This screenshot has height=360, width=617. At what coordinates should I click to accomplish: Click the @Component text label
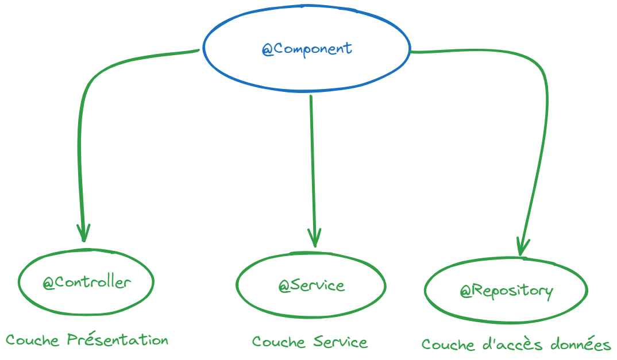[x=307, y=49]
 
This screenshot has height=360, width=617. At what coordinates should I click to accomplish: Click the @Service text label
[x=311, y=285]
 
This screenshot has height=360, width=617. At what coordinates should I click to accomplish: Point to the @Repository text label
[x=506, y=291]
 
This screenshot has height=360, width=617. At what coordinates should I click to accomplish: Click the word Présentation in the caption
[x=118, y=340]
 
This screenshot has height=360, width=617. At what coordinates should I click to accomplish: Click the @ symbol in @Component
[x=268, y=49]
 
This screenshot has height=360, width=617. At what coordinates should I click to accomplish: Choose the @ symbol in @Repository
[x=465, y=292]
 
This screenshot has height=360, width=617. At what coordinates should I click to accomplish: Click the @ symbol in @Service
[x=284, y=286]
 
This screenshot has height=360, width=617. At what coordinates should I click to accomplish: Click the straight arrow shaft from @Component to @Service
[x=312, y=167]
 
